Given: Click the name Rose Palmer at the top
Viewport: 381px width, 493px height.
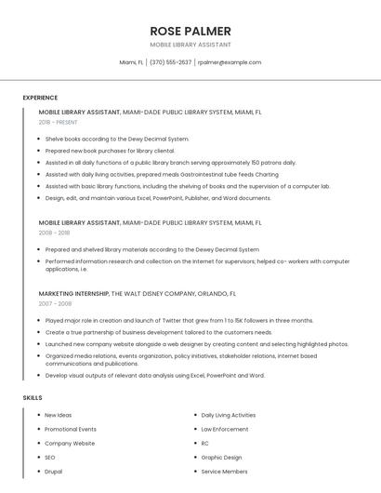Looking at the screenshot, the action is [190, 30].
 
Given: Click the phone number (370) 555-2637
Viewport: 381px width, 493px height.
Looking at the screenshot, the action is [170, 62].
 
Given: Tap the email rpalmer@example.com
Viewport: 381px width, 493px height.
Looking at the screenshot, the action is [230, 62].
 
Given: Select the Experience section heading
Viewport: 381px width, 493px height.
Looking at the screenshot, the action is [40, 98].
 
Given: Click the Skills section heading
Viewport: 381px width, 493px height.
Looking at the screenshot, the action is [33, 398].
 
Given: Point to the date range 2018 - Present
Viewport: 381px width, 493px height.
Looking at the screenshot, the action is [58, 122].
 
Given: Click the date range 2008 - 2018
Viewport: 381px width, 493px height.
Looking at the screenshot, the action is [54, 233].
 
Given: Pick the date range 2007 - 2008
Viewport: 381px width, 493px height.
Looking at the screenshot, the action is [54, 303].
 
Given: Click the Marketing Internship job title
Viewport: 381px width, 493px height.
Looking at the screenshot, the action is [73, 293].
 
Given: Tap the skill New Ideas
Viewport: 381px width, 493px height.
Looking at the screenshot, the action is [58, 415].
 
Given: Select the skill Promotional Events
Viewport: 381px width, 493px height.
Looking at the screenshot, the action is [70, 429].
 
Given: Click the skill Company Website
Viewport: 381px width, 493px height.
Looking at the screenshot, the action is [69, 444].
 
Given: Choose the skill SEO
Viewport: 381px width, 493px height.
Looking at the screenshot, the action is [50, 458].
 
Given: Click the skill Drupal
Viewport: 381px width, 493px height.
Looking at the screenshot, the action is [53, 472].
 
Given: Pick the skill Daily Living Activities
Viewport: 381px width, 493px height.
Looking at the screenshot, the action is [228, 415].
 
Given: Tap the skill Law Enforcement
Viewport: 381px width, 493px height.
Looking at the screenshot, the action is [224, 429].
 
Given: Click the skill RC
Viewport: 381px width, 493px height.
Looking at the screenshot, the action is [205, 444].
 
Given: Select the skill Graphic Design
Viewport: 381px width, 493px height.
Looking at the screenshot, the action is [221, 458].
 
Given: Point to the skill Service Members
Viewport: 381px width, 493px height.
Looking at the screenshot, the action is [224, 472].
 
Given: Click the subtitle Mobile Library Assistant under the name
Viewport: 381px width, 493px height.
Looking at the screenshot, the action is [190, 45].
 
